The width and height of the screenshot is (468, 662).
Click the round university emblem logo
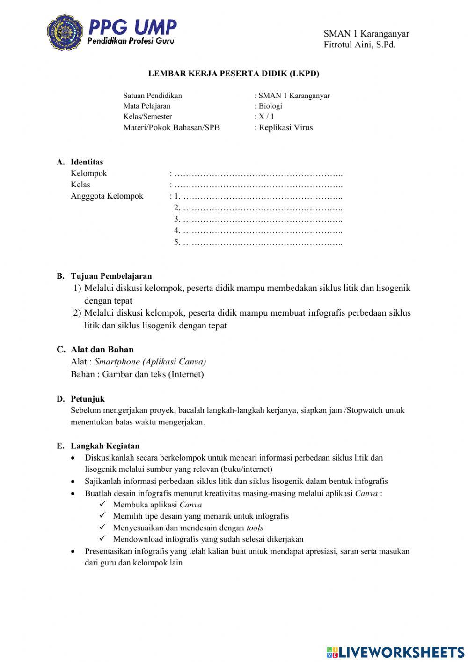tap(65, 32)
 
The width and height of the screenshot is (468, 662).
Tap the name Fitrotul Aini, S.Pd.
tap(359, 45)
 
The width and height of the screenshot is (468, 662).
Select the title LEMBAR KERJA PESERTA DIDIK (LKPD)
tap(234, 74)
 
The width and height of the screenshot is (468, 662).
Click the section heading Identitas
tap(87, 162)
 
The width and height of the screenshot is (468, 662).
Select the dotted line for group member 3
tap(262, 219)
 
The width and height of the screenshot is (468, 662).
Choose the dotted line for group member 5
tap(262, 243)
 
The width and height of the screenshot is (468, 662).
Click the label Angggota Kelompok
tap(107, 196)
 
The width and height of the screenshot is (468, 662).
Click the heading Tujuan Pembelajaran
tap(111, 276)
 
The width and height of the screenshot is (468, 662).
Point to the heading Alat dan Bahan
tap(102, 350)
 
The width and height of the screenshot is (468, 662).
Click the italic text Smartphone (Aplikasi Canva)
tap(150, 362)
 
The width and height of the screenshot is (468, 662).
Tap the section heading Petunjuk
tap(88, 399)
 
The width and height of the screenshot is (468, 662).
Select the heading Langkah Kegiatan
tap(105, 446)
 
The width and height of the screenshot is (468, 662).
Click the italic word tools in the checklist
tap(255, 528)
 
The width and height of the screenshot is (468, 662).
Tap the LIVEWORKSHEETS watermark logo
tap(395, 652)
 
